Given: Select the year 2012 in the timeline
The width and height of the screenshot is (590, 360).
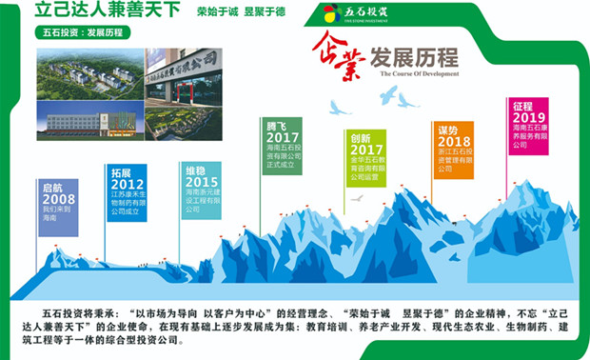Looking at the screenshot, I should [x=128, y=184].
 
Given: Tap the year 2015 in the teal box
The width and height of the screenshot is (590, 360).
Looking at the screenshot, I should [x=202, y=182].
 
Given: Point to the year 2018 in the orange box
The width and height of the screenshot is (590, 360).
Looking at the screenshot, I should [x=455, y=142].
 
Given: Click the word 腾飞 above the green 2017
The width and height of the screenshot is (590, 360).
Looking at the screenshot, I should [x=276, y=126].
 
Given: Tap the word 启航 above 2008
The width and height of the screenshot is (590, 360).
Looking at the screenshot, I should [x=51, y=185].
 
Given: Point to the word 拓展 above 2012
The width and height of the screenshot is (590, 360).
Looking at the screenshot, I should [x=121, y=172].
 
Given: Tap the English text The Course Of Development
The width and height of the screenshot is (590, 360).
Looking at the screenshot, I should [x=420, y=72].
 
